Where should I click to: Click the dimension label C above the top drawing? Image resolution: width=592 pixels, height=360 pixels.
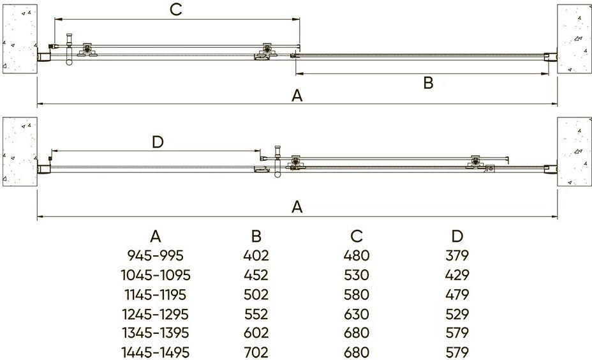coord(176,10)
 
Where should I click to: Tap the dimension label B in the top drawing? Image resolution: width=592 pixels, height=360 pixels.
coord(428,83)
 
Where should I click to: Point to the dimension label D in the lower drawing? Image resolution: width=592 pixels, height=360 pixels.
coord(158,142)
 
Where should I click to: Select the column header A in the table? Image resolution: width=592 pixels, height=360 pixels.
coord(156,236)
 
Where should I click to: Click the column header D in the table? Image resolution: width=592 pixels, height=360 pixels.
coord(457,236)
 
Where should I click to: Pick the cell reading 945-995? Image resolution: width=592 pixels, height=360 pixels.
coord(156,256)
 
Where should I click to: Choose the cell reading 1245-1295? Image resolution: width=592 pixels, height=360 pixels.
coord(156,314)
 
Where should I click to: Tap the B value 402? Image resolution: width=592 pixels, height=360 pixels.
coord(256,256)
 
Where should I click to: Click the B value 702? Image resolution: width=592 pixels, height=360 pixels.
coord(256,352)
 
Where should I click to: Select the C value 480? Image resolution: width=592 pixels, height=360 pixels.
coord(357,256)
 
